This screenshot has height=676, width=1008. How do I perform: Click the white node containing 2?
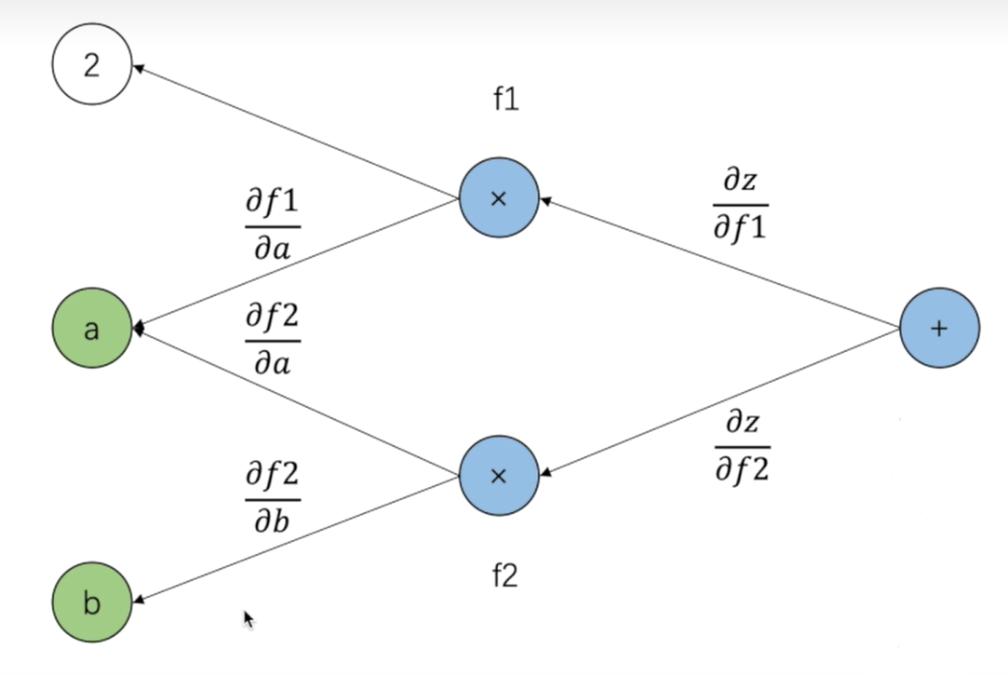click(91, 66)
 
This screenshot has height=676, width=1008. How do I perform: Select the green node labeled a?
click(91, 328)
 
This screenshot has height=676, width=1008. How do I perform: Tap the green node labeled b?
click(91, 603)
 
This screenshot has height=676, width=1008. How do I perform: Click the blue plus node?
click(938, 328)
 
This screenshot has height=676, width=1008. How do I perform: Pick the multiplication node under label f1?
click(499, 198)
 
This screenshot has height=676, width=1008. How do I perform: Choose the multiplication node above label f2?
click(499, 476)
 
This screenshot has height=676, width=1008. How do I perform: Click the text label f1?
click(505, 100)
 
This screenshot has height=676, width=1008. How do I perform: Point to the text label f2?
click(504, 577)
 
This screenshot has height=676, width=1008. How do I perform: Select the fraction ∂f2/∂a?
click(273, 339)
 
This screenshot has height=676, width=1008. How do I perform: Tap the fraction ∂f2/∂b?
click(273, 497)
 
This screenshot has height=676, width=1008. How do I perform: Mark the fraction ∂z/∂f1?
click(740, 205)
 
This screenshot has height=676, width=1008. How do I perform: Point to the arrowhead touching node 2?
click(137, 67)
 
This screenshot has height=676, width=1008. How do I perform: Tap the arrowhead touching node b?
click(137, 602)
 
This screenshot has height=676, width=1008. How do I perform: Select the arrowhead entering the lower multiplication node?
click(544, 474)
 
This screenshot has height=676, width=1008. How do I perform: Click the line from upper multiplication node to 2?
click(298, 132)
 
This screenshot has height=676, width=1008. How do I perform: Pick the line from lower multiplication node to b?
click(298, 540)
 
